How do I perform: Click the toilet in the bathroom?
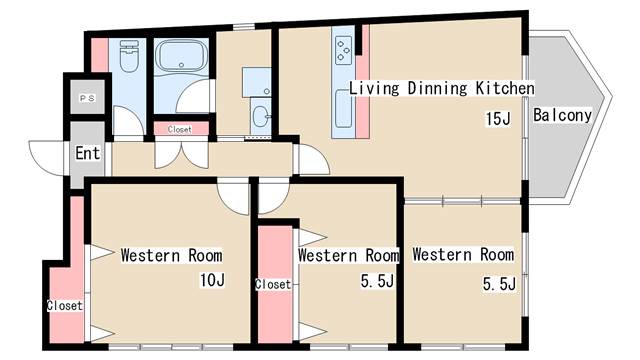click(x=129, y=56)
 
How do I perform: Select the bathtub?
click(x=181, y=56)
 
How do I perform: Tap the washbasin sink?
click(x=260, y=116)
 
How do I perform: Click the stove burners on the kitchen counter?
click(x=344, y=50)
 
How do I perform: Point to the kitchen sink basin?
click(x=343, y=109)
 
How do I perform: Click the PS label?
click(x=87, y=98)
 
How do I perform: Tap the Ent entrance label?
click(x=88, y=153)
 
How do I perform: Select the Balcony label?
click(x=562, y=116)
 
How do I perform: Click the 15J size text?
click(x=498, y=119)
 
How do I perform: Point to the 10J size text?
click(x=212, y=280)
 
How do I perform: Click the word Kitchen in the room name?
click(x=505, y=89)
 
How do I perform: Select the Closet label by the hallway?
click(x=180, y=129)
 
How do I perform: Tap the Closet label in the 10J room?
click(x=64, y=305)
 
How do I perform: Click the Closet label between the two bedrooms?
click(x=273, y=284)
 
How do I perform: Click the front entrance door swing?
click(x=46, y=158)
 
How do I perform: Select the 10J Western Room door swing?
click(x=233, y=196)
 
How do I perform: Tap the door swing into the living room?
click(x=311, y=160)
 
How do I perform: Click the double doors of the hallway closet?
click(x=182, y=155)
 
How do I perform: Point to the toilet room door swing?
click(x=128, y=121)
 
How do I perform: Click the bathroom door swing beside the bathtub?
click(x=195, y=96)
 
